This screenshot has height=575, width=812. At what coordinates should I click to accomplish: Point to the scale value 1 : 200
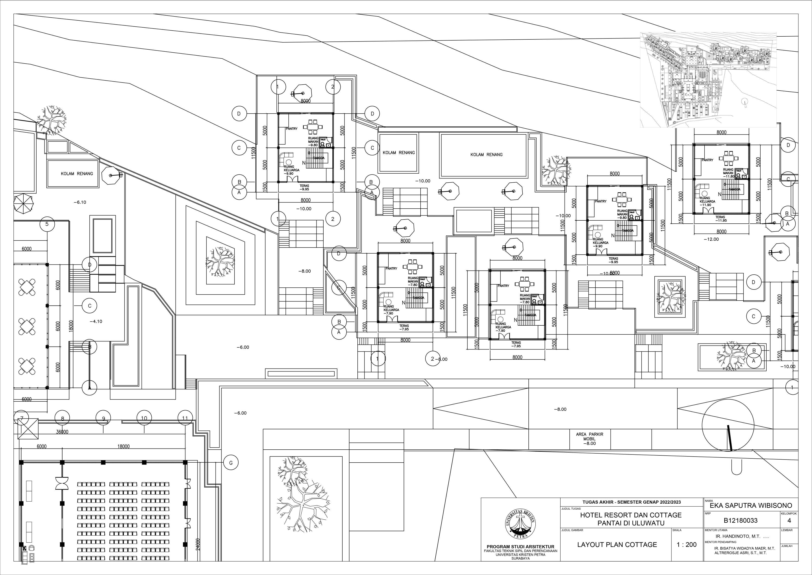tap(687, 545)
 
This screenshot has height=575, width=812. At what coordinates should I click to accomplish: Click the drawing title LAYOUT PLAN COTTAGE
tap(617, 545)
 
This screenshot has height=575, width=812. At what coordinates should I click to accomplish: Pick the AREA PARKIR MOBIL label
tap(590, 438)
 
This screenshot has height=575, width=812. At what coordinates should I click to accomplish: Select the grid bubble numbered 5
tap(47, 224)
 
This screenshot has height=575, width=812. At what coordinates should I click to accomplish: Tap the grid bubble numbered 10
tap(144, 418)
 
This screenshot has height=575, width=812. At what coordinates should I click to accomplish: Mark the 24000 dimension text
tap(198, 545)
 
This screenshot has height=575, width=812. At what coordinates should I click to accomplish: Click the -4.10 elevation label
tap(96, 321)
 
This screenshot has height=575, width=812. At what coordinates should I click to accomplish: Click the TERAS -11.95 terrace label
tap(720, 219)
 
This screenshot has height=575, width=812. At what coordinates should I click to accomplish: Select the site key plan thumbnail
tap(708, 80)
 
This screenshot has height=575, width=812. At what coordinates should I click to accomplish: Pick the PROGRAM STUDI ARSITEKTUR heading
tap(520, 547)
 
